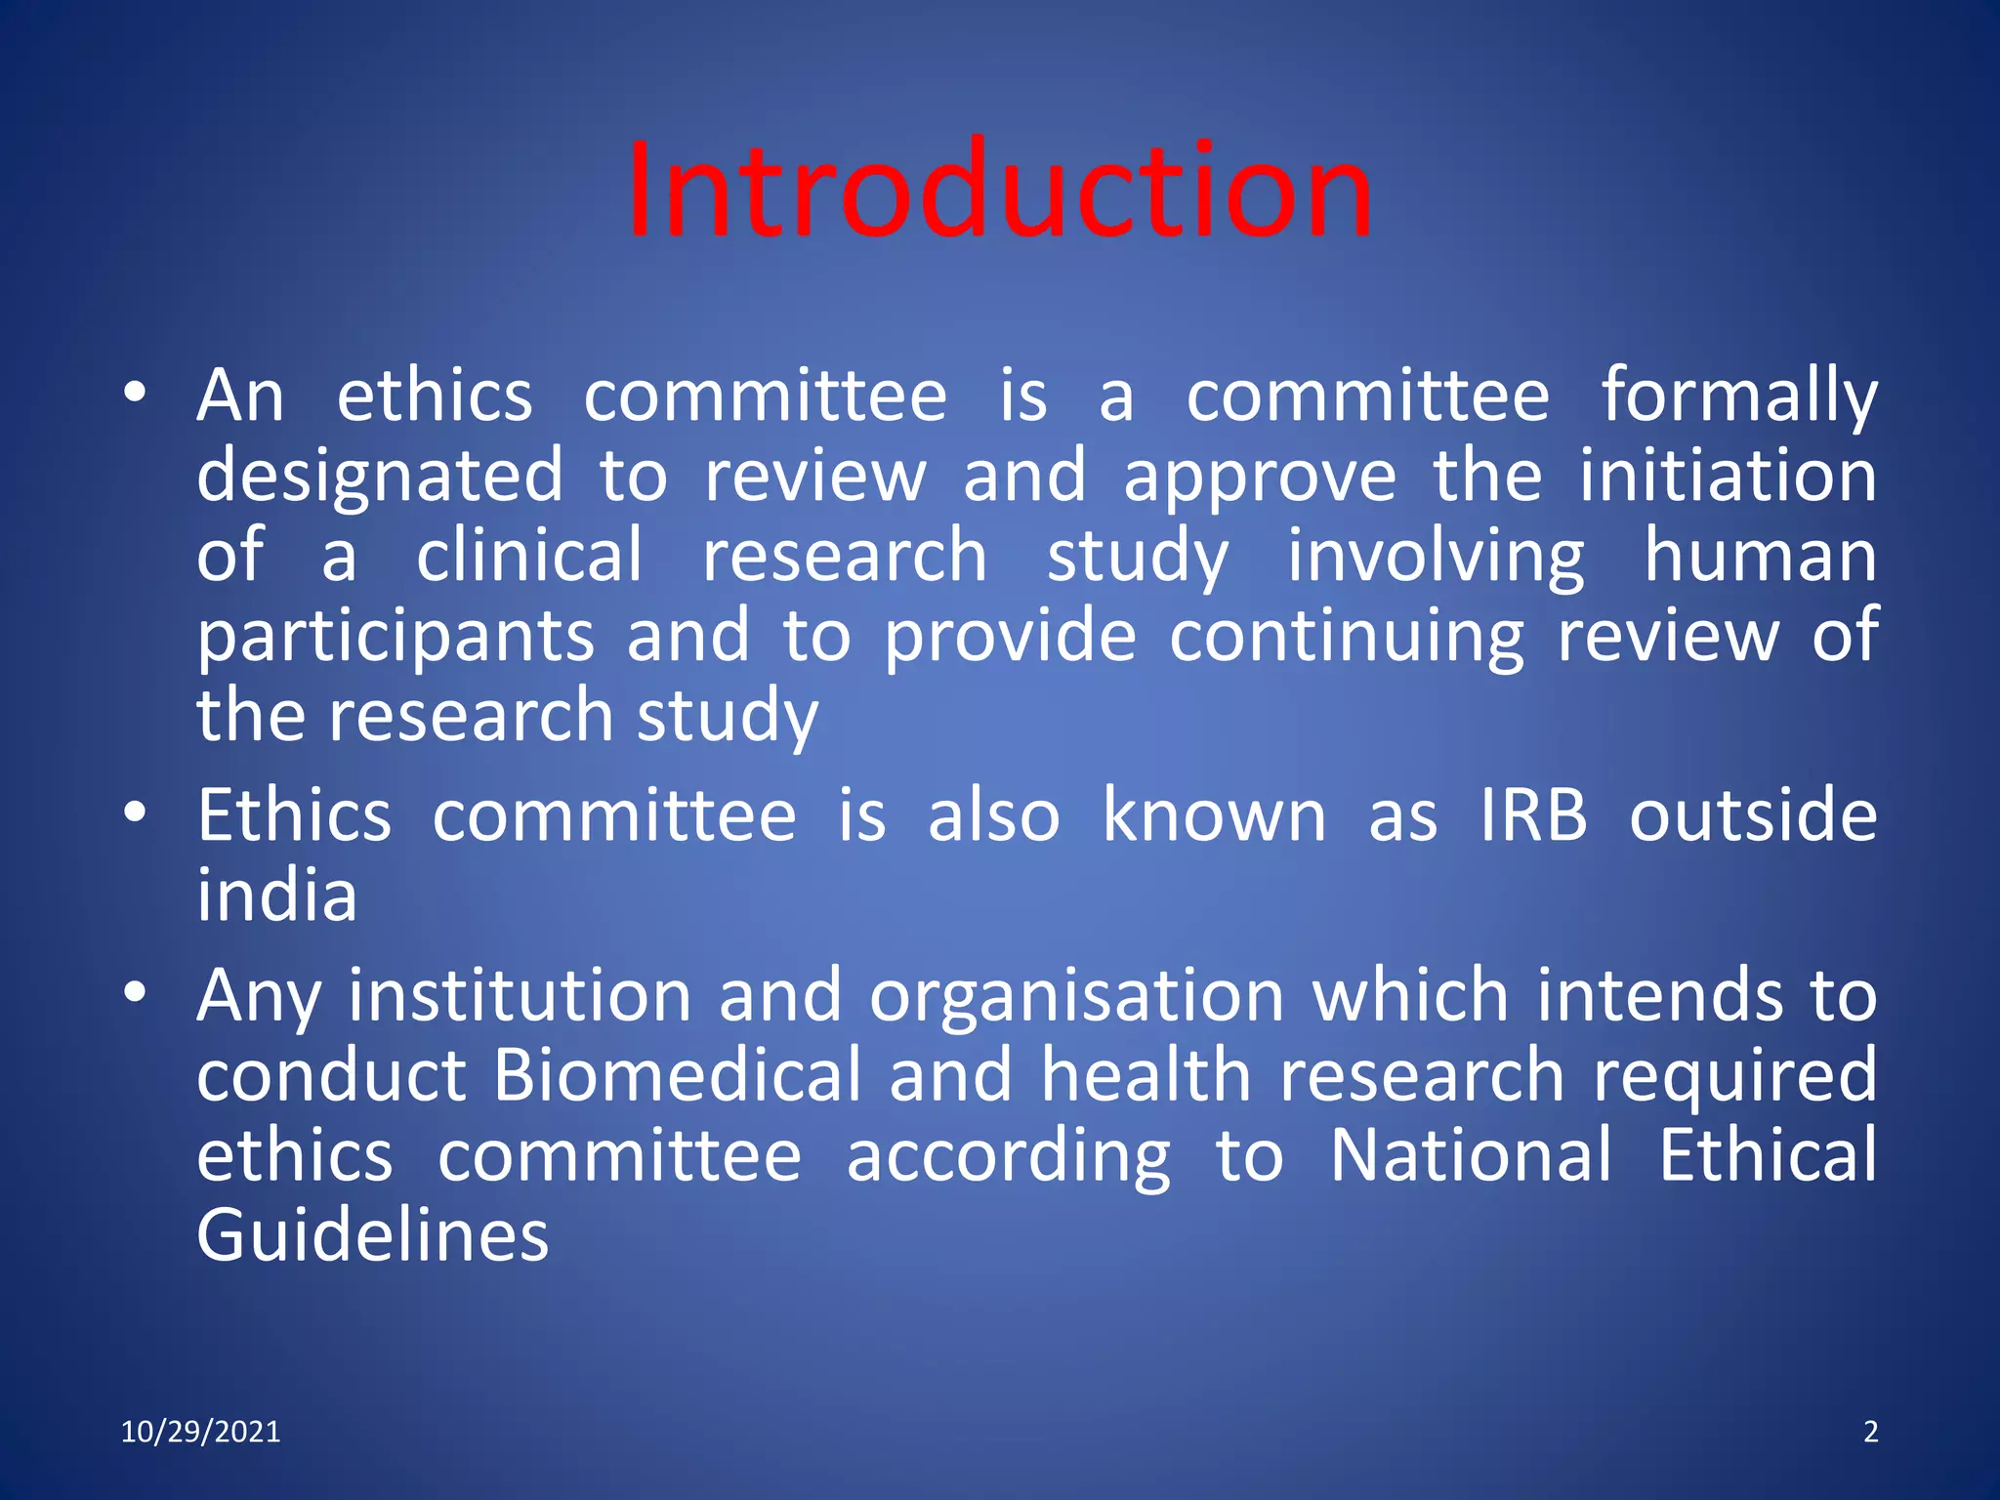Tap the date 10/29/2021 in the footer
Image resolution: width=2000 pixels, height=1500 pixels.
click(x=200, y=1432)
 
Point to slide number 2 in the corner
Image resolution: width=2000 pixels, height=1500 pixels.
click(x=1870, y=1432)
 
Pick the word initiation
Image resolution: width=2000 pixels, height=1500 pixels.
click(x=1728, y=476)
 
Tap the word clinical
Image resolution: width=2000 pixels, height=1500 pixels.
click(x=529, y=557)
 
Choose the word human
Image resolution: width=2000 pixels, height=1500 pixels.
click(x=1760, y=557)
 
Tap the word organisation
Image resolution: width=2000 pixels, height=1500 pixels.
click(x=1076, y=996)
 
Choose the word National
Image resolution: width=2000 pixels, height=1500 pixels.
click(x=1471, y=1156)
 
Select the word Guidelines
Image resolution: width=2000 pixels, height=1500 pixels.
click(x=372, y=1236)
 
